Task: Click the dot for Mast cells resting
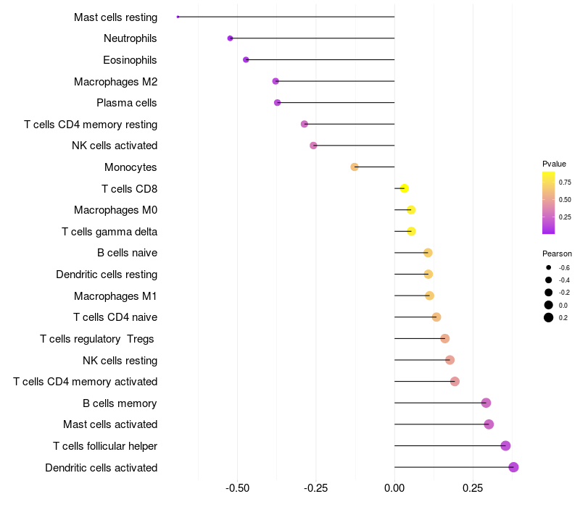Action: pyautogui.click(x=178, y=17)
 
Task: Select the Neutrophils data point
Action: pyautogui.click(x=230, y=38)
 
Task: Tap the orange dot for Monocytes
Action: pyautogui.click(x=355, y=167)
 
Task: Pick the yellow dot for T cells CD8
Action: pyautogui.click(x=405, y=188)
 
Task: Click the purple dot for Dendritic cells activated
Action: pyautogui.click(x=513, y=467)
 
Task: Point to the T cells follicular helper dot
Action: pyautogui.click(x=505, y=445)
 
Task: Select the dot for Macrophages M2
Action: pyautogui.click(x=275, y=81)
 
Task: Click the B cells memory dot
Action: pyautogui.click(x=486, y=403)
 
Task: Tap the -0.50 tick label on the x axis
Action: pyautogui.click(x=238, y=488)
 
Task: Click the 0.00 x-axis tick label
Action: pyautogui.click(x=394, y=488)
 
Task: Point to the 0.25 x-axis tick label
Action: pyautogui.click(x=473, y=488)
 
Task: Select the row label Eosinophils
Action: pyautogui.click(x=130, y=60)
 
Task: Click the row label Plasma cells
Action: pyautogui.click(x=126, y=103)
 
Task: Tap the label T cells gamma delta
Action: pyautogui.click(x=109, y=232)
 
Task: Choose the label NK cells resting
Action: pyautogui.click(x=120, y=360)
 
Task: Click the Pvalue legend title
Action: pyautogui.click(x=554, y=164)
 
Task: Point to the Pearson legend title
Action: pyautogui.click(x=557, y=253)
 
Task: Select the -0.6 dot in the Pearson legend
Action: pyautogui.click(x=549, y=267)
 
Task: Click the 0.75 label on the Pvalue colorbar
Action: pyautogui.click(x=565, y=183)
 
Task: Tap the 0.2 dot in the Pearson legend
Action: pyautogui.click(x=549, y=317)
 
